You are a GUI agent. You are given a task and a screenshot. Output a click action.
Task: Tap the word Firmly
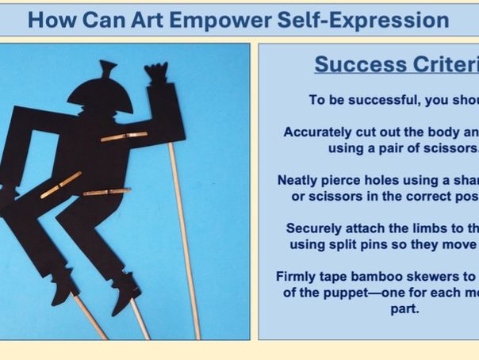[297, 277]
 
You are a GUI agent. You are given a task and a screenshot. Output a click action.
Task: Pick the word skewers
[434, 277]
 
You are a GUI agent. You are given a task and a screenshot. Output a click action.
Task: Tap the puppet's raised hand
[157, 73]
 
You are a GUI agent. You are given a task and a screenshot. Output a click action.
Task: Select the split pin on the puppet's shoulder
[124, 137]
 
